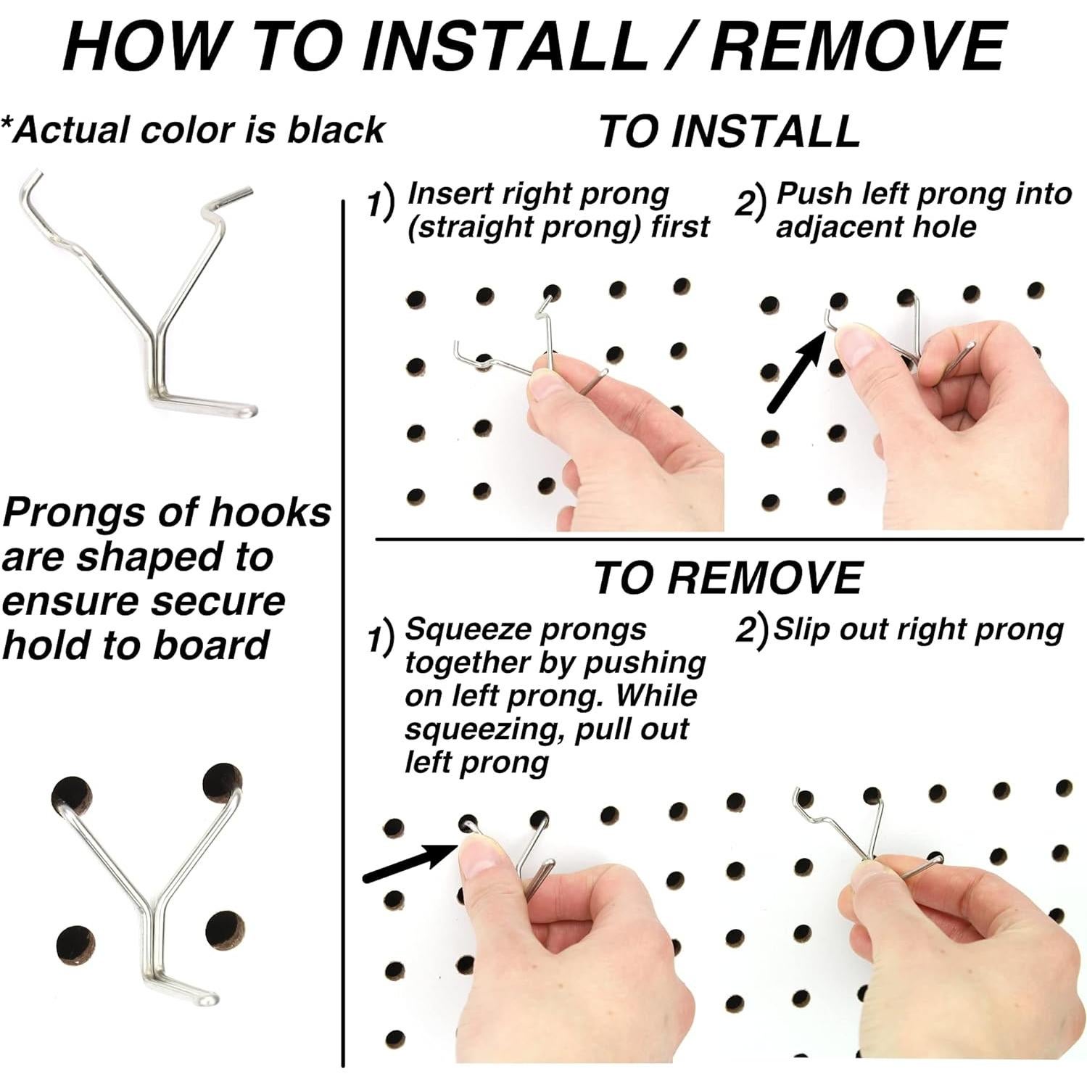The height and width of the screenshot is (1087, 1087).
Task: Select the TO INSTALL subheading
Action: point(730,131)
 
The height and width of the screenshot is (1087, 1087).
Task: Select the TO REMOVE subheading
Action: point(728,578)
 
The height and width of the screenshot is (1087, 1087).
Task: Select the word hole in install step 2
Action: point(951,227)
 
